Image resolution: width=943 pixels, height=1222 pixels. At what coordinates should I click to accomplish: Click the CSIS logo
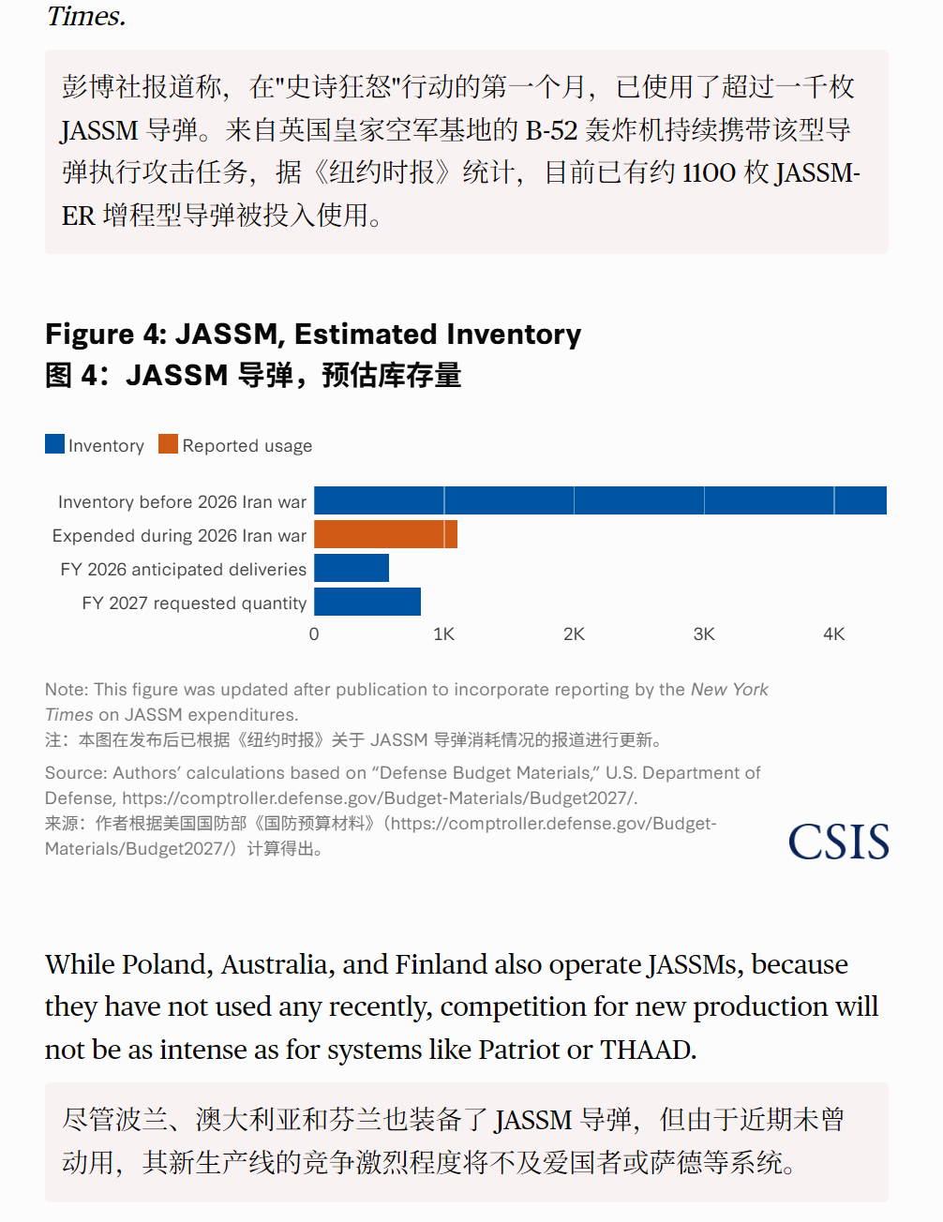pyautogui.click(x=838, y=842)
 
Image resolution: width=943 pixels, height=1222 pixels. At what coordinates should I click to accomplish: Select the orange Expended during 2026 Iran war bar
pyautogui.click(x=385, y=534)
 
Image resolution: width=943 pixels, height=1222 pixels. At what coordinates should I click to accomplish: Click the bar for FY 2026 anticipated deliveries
pyautogui.click(x=352, y=568)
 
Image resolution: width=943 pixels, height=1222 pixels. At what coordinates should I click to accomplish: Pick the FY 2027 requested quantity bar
pyautogui.click(x=367, y=602)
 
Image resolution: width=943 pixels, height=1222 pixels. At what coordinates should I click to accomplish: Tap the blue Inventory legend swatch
pyautogui.click(x=54, y=444)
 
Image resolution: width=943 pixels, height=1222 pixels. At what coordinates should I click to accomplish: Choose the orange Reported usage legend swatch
pyautogui.click(x=168, y=444)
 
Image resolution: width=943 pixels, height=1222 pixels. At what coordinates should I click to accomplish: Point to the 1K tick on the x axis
pyautogui.click(x=443, y=634)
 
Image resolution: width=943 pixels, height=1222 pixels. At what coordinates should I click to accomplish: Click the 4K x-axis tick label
pyautogui.click(x=833, y=634)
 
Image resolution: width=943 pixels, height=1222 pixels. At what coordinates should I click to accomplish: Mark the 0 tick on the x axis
pyautogui.click(x=314, y=634)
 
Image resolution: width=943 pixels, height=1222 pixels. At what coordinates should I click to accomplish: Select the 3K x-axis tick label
pyautogui.click(x=704, y=634)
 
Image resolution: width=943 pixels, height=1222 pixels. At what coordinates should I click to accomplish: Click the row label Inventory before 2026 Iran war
pyautogui.click(x=182, y=502)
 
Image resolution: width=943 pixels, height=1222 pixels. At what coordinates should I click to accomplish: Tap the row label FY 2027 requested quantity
pyautogui.click(x=194, y=604)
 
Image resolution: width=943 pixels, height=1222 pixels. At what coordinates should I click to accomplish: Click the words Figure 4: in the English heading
pyautogui.click(x=106, y=335)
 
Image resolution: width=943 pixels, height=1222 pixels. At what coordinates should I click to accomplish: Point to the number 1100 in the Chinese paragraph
pyautogui.click(x=710, y=173)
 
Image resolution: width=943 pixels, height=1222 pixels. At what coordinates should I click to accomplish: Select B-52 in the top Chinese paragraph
pyautogui.click(x=551, y=130)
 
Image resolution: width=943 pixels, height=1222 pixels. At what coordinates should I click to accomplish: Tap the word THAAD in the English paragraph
pyautogui.click(x=648, y=1050)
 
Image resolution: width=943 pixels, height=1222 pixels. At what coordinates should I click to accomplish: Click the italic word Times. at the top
pyautogui.click(x=85, y=16)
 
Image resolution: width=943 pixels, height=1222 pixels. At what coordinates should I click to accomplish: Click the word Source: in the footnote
pyautogui.click(x=76, y=773)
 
